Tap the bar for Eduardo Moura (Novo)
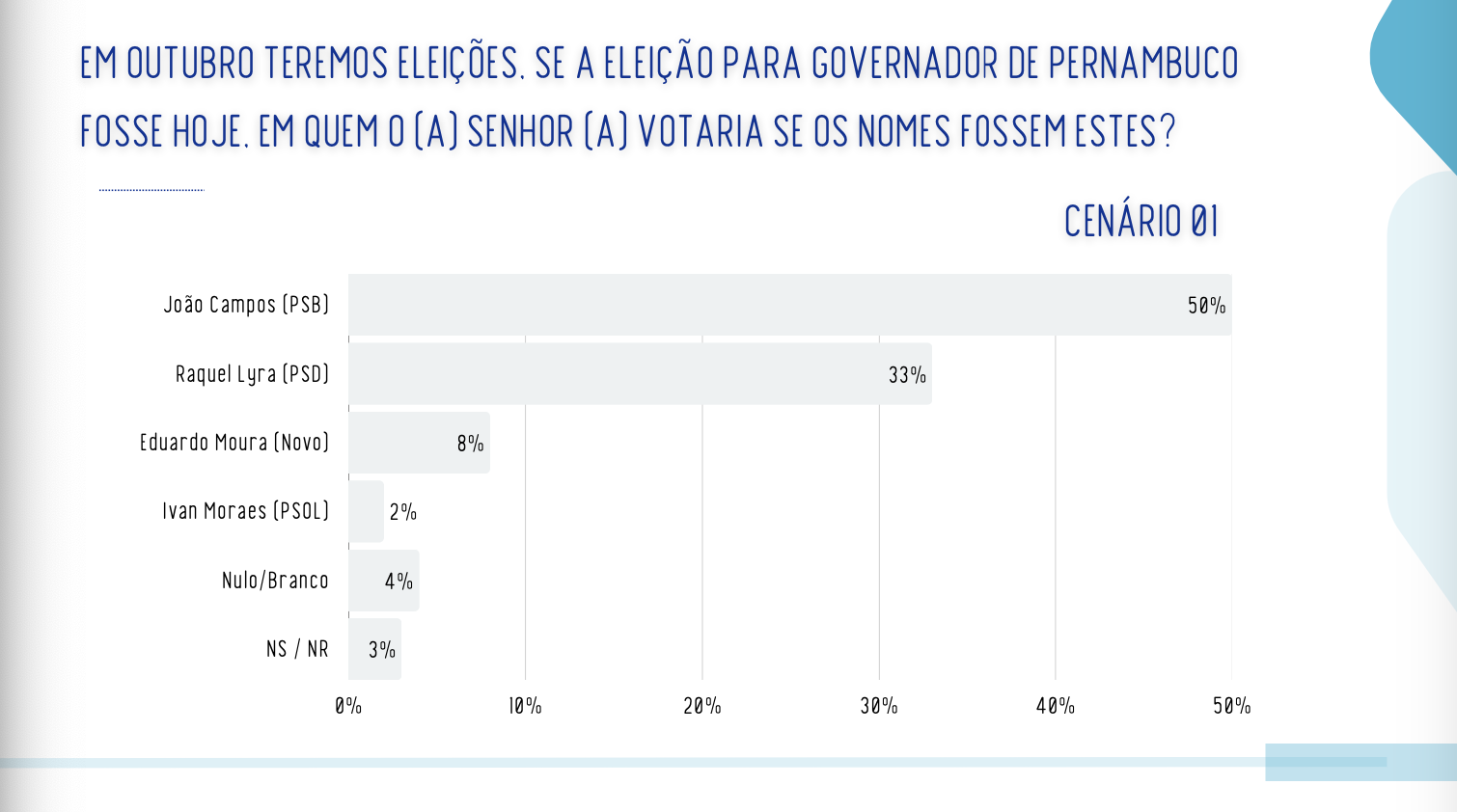pyautogui.click(x=419, y=443)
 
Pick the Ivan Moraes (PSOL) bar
pyautogui.click(x=366, y=512)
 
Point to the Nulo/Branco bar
pyautogui.click(x=383, y=581)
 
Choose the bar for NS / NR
pyautogui.click(x=374, y=649)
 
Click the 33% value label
pyautogui.click(x=907, y=375)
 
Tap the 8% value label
pyautogui.click(x=470, y=444)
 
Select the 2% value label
pyautogui.click(x=403, y=512)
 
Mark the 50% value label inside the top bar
pyautogui.click(x=1206, y=306)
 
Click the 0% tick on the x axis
pyautogui.click(x=348, y=706)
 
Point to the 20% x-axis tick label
pyautogui.click(x=702, y=706)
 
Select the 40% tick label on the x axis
pyautogui.click(x=1056, y=706)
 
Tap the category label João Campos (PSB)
pyautogui.click(x=246, y=305)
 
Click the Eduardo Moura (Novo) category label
pyautogui.click(x=234, y=443)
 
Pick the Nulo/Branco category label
pyautogui.click(x=275, y=581)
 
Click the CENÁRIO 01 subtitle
pyautogui.click(x=1141, y=222)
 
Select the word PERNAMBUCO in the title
pyautogui.click(x=1143, y=64)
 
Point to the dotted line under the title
pyautogui.click(x=151, y=190)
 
